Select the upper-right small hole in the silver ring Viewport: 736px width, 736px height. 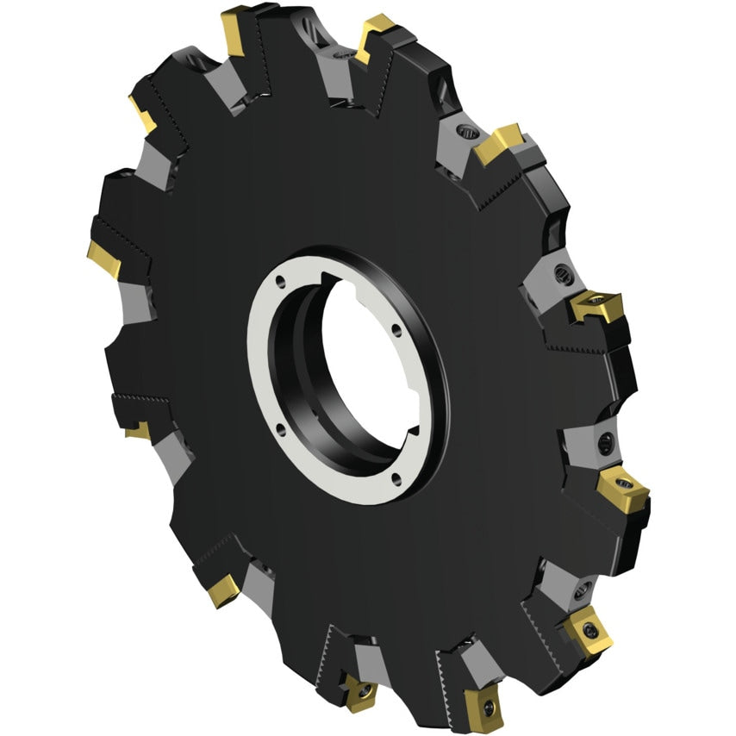[x=392, y=328]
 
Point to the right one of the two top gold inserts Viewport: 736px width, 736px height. [x=375, y=37]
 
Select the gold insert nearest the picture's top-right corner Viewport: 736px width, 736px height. [x=499, y=143]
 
